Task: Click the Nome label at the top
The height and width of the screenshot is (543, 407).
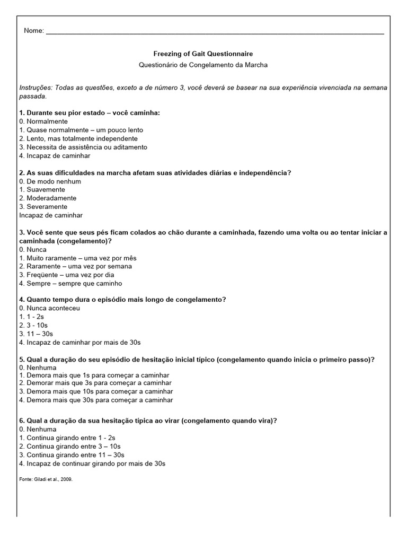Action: pos(33,31)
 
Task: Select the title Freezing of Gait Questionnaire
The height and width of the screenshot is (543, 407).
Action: pos(203,54)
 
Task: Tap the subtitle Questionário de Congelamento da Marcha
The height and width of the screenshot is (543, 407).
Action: pos(203,65)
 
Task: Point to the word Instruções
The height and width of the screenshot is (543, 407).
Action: pos(36,87)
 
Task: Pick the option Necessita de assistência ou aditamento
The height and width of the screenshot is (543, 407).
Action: pos(83,147)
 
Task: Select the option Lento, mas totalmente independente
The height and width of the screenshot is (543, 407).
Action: pos(78,138)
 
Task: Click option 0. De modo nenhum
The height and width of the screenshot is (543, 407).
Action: pos(50,181)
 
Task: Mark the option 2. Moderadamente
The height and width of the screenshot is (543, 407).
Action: pos(48,198)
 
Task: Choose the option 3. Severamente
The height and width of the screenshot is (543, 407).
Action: pos(43,207)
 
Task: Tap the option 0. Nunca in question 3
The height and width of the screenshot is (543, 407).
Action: pos(33,249)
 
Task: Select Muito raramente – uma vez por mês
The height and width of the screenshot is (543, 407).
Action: pos(77,258)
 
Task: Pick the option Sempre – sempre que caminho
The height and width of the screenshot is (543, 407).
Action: pos(70,283)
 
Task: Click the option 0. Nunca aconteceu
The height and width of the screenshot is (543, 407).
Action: pos(49,308)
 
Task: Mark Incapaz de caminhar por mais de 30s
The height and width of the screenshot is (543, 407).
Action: pos(79,342)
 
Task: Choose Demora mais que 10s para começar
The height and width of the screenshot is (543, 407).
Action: pos(96,391)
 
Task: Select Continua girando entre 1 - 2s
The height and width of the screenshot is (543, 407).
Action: pos(67,437)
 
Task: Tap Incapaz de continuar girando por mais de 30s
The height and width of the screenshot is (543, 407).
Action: pos(92,463)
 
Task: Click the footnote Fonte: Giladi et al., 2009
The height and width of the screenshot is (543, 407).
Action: pos(46,479)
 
